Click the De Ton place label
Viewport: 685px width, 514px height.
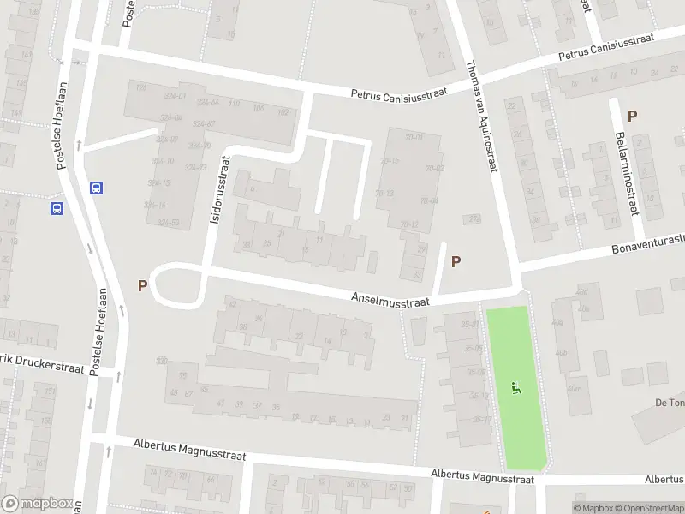[x=668, y=403]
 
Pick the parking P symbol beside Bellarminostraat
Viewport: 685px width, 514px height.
[x=632, y=117]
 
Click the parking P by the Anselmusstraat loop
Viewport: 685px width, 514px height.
[x=142, y=284]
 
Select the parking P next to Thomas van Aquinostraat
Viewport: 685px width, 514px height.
[x=456, y=262]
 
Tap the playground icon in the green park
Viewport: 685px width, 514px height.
[x=515, y=387]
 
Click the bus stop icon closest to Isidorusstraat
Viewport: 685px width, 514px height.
[x=97, y=188]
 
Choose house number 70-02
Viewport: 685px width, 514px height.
[x=434, y=168]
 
